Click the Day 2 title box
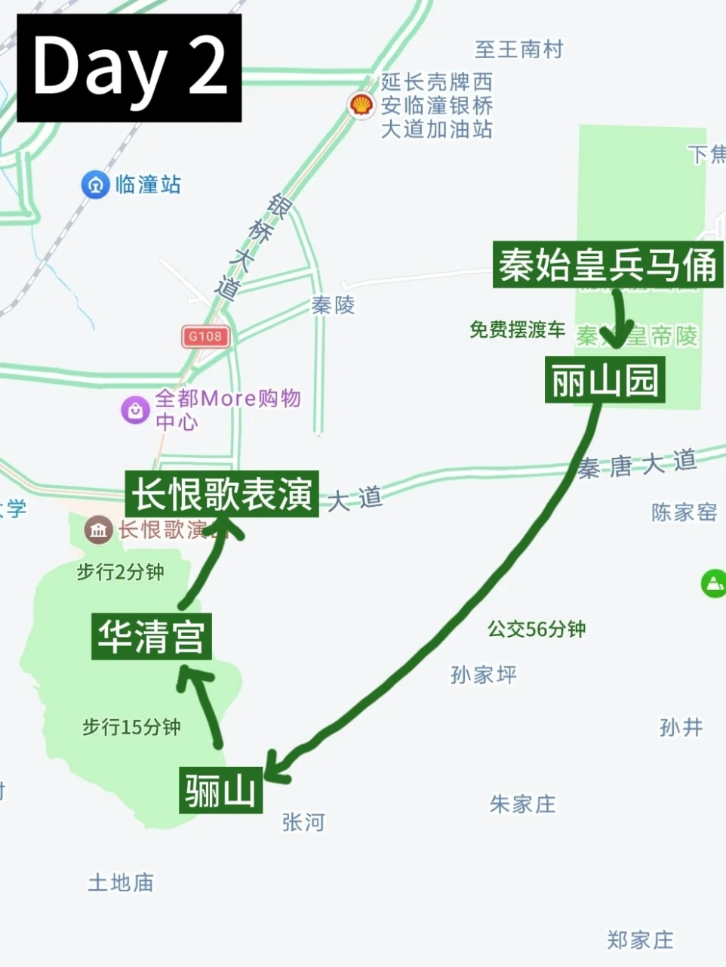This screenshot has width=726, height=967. pos(129,68)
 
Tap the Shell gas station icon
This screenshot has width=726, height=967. pos(362,105)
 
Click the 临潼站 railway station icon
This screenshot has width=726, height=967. pos(96,184)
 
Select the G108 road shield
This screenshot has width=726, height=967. pos(205,336)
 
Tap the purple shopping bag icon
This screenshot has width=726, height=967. pos(135,410)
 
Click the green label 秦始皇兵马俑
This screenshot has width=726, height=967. pos(608,265)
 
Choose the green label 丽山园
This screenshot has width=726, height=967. pos(604,380)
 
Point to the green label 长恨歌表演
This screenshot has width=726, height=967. pos(223,495)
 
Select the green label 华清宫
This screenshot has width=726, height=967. pos(151,636)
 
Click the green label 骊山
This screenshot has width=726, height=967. pos(220,790)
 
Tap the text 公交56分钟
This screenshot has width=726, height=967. pos(537,629)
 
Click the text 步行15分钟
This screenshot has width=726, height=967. pos(131,727)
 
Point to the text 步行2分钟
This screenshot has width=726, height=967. pos(121,572)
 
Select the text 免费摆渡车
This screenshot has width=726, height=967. pos(517,329)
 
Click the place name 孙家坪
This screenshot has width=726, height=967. pos(484,674)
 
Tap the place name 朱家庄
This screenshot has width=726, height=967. pos(522,804)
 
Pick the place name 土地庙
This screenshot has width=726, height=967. pos(121,882)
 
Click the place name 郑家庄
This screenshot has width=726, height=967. pos(640,940)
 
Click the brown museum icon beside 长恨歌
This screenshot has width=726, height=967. pos(98,530)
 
